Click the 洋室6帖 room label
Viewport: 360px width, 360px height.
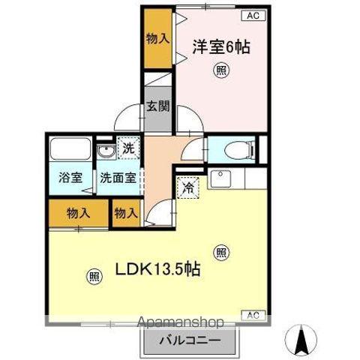220,46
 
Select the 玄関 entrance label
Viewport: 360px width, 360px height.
157,106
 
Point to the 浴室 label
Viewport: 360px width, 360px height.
70,178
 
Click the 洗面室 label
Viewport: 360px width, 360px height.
119,178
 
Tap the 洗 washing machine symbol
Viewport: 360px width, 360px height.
128,148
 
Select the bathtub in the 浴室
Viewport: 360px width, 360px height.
69,150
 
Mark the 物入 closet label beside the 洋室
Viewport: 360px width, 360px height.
157,37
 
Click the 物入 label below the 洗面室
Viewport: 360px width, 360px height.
126,212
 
